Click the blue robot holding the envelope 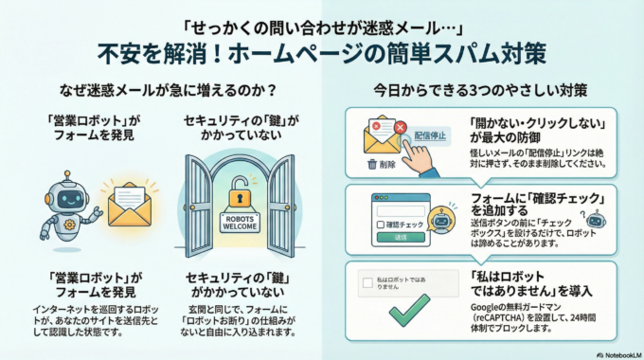60,207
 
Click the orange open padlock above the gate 241,200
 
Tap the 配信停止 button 431,135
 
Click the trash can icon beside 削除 371,163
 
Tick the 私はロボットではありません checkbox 368,282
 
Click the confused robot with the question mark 438,221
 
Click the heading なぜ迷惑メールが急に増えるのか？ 161,92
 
